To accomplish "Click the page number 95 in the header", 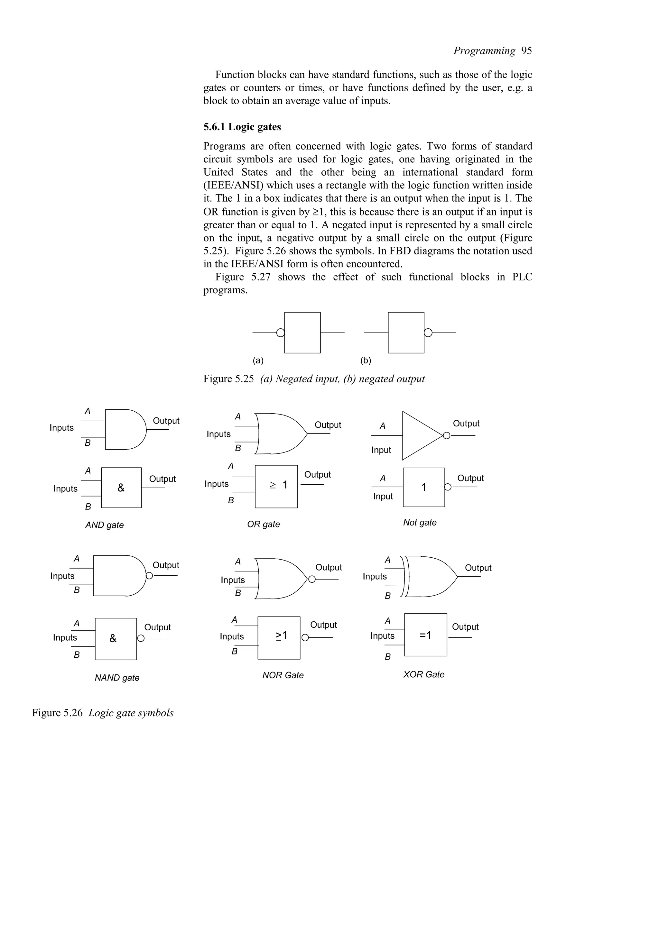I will tap(526, 51).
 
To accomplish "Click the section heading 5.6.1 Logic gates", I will tap(242, 127).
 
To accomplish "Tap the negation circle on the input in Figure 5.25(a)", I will tap(280, 333).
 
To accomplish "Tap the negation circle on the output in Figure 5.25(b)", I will tap(428, 333).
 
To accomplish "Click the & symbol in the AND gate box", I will tap(121, 488).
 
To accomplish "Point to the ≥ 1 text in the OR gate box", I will tap(279, 485).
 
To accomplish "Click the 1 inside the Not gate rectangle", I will tap(423, 488).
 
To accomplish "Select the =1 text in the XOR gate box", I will tap(425, 635).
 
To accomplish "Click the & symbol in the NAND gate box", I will tap(113, 638).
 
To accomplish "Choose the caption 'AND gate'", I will tap(104, 525).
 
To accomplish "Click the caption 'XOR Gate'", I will tap(423, 674).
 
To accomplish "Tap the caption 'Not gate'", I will tap(420, 522).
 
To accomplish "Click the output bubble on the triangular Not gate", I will tap(447, 435).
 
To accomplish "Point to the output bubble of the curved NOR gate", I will tap(311, 579).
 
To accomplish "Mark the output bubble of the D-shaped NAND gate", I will tap(149, 576).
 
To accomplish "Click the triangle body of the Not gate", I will tap(418, 435).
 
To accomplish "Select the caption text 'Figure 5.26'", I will tap(57, 713).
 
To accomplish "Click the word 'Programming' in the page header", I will tap(484, 51).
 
